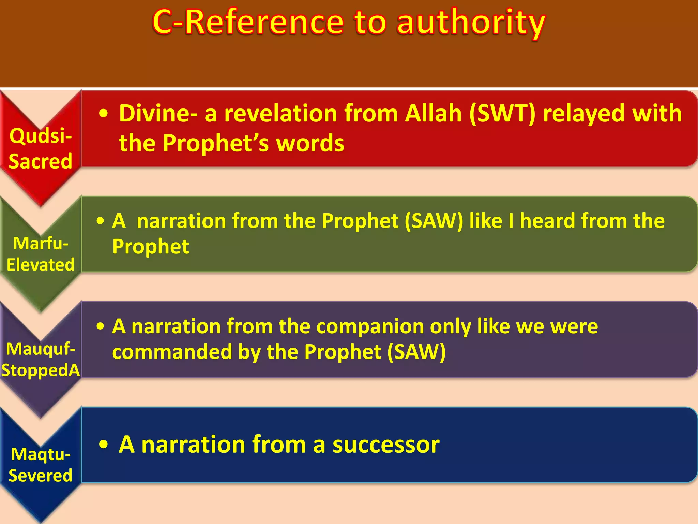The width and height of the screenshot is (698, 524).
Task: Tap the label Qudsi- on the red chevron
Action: tap(41, 135)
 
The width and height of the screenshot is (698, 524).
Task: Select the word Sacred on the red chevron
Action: tap(41, 161)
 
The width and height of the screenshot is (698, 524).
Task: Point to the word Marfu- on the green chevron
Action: tap(41, 243)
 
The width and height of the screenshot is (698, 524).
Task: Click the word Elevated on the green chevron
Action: tap(41, 265)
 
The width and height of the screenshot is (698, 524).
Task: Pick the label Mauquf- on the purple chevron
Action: tap(41, 349)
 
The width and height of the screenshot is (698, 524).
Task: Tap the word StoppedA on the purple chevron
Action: tap(41, 370)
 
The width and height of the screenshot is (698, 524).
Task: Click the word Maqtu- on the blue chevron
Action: tap(41, 454)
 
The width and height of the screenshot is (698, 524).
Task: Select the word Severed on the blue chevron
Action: tap(41, 476)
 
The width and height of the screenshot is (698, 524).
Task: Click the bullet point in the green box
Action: tap(100, 221)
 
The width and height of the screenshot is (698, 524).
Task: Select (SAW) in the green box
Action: tap(434, 221)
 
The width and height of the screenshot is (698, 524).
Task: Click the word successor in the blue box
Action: tap(386, 445)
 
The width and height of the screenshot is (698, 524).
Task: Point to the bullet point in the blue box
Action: tap(103, 445)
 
